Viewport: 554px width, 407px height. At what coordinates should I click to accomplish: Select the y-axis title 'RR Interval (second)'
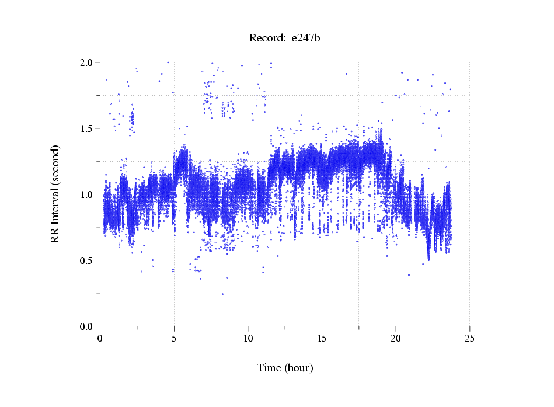point(55,194)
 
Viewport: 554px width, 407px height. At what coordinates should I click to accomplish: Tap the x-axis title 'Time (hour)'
point(285,368)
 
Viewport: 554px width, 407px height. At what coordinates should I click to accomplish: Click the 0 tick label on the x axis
point(100,338)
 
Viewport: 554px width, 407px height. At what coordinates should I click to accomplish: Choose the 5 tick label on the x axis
point(174,338)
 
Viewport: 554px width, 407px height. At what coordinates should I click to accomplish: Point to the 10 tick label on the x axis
point(248,338)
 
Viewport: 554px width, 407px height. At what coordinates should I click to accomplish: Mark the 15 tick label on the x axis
point(322,338)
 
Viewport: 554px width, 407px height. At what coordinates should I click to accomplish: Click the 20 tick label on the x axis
point(396,338)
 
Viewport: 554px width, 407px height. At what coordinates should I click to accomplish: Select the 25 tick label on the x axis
point(469,338)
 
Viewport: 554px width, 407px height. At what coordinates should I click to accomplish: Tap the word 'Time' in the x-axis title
point(269,368)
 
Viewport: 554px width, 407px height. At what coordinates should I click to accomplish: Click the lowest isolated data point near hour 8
point(222,294)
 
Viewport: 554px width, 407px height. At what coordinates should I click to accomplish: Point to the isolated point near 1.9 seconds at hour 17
point(346,74)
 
